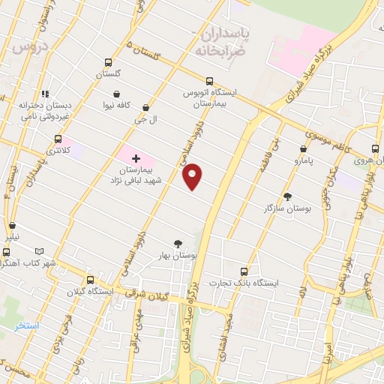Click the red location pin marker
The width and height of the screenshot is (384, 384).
coord(193,175)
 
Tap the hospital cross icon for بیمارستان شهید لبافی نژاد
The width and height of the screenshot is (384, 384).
coord(136,158)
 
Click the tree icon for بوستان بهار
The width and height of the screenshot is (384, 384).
coord(178,243)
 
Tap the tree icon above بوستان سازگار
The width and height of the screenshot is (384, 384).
coord(287,196)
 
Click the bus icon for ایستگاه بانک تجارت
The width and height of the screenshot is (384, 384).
coord(243,271)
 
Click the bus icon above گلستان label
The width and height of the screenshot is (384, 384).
coord(109,63)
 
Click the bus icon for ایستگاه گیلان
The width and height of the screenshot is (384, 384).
coord(90,279)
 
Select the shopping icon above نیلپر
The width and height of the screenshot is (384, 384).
coord(12,225)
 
